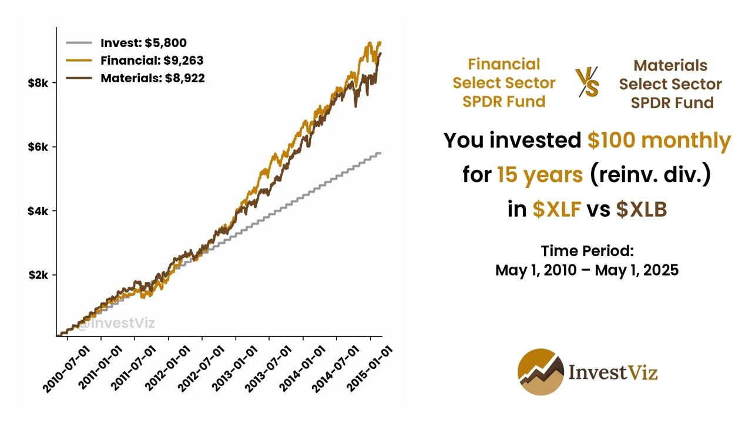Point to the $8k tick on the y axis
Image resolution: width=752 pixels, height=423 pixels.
[x=42, y=83]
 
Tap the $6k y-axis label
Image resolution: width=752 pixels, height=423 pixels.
[x=42, y=147]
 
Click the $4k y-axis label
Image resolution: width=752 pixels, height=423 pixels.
[x=42, y=211]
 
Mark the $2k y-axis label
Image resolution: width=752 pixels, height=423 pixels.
[x=42, y=275]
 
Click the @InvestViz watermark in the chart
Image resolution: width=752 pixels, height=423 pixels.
[x=116, y=323]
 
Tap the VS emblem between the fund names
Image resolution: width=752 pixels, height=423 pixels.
[x=587, y=82]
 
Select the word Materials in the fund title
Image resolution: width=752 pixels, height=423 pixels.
[x=670, y=65]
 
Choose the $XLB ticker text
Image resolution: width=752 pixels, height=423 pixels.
[x=641, y=210]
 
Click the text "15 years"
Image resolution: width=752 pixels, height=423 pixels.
[x=539, y=175]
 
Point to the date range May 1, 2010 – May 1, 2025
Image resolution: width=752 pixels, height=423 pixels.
[x=587, y=270]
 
